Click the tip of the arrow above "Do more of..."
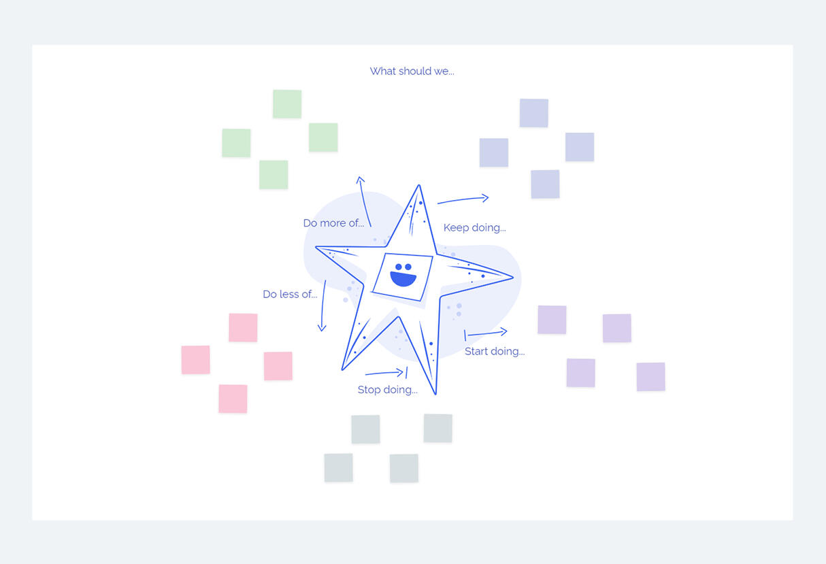pyautogui.click(x=360, y=177)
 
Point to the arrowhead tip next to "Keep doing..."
pyautogui.click(x=489, y=198)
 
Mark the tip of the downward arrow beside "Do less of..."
pyautogui.click(x=322, y=331)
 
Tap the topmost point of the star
pyautogui.click(x=419, y=184)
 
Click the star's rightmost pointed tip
pyautogui.click(x=513, y=277)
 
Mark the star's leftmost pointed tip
pyautogui.click(x=316, y=247)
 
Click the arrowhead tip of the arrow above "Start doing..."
pyautogui.click(x=507, y=331)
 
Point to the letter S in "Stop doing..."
pyautogui.click(x=361, y=390)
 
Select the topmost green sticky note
pyautogui.click(x=287, y=104)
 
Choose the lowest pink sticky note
pyautogui.click(x=233, y=399)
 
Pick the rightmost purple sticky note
pyautogui.click(x=651, y=377)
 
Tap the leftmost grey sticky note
pyautogui.click(x=339, y=468)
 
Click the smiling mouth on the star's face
pyautogui.click(x=403, y=279)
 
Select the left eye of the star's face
pyautogui.click(x=398, y=267)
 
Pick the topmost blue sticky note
pyautogui.click(x=534, y=113)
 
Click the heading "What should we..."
pyautogui.click(x=412, y=71)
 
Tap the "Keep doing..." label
pyautogui.click(x=475, y=228)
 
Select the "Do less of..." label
pyautogui.click(x=290, y=294)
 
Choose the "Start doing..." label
pyautogui.click(x=495, y=351)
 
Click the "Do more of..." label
pyautogui.click(x=333, y=223)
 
